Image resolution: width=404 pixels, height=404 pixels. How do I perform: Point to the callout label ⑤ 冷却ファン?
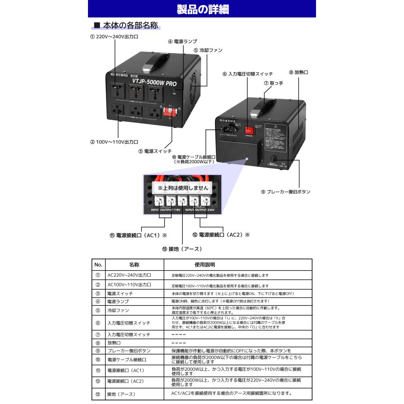[x=208, y=50]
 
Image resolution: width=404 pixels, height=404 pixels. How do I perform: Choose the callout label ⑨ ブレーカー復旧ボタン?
[x=285, y=192]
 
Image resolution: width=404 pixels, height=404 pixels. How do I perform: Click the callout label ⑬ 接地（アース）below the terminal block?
[x=182, y=249]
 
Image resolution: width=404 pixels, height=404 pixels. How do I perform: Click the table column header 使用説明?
[x=205, y=265]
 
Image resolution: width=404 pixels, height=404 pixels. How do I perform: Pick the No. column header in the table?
[x=98, y=265]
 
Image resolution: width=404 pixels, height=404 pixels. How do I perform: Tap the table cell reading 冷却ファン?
[x=118, y=310]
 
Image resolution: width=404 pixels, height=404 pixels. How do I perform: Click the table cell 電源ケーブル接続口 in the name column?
[x=127, y=360]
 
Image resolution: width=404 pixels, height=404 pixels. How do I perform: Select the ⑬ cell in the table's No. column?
[x=98, y=394]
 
